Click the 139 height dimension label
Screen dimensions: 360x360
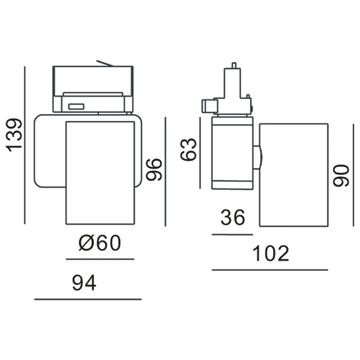(x=15, y=135)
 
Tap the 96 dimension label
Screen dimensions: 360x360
(x=154, y=169)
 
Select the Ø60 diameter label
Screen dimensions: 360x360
(x=100, y=244)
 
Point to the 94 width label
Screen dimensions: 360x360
(x=84, y=283)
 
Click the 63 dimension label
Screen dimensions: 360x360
(x=189, y=149)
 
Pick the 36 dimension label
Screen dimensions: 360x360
(x=233, y=217)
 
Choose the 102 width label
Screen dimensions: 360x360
(x=271, y=253)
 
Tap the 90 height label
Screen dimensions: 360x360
(x=341, y=175)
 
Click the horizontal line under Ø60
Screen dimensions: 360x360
(x=100, y=259)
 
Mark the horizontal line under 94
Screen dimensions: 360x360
(x=88, y=299)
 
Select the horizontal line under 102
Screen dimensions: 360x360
(x=270, y=270)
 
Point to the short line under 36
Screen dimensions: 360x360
(x=232, y=234)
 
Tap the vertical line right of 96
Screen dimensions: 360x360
(x=165, y=171)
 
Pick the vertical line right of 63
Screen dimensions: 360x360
(x=200, y=153)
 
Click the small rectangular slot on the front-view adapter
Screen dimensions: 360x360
(x=76, y=106)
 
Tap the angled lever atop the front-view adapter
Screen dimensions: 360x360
(x=105, y=63)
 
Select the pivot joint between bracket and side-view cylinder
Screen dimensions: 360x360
(x=258, y=157)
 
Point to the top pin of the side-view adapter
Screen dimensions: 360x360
(x=234, y=65)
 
